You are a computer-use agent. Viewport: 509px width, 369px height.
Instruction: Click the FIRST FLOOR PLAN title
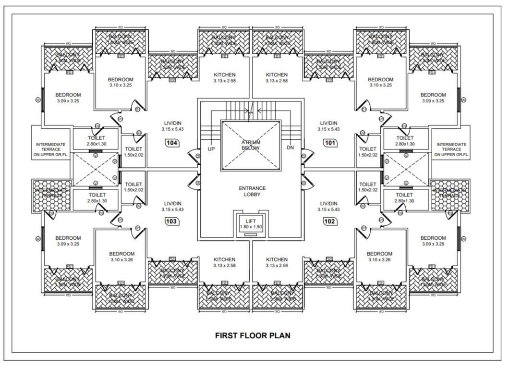pos(253,335)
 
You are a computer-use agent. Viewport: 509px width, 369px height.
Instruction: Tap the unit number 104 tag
pos(172,143)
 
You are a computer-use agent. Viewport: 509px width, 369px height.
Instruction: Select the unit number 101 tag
pos(329,143)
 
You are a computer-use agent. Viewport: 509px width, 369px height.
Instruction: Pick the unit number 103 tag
pos(172,221)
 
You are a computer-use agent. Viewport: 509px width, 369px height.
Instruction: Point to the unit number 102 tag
pos(329,221)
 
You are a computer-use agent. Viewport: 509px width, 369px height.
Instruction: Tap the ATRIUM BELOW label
pos(250,145)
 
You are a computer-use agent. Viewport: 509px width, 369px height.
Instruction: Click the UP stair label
pos(211,148)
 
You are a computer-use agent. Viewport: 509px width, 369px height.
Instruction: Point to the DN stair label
pos(290,148)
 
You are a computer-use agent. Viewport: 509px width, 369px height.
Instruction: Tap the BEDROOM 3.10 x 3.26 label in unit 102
pos(379,257)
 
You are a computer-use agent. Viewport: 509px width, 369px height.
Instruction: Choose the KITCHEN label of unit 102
pos(277,262)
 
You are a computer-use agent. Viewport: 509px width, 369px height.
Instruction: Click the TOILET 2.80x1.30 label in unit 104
pos(97,141)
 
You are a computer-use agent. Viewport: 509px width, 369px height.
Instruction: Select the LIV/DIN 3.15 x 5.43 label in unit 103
pos(172,206)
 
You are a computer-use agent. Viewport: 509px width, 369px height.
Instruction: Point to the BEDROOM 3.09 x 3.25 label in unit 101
pos(433,98)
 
